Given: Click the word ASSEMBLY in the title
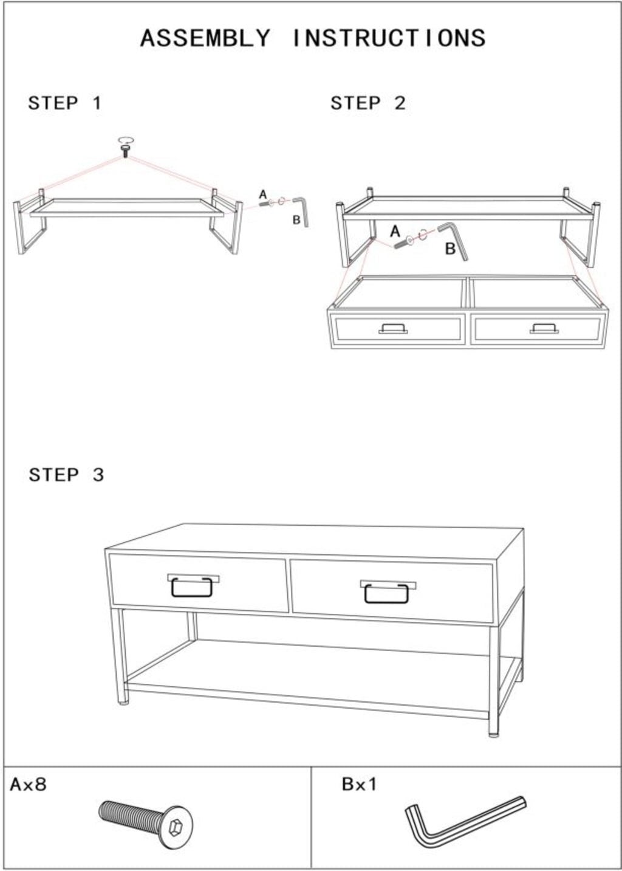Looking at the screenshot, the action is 205,38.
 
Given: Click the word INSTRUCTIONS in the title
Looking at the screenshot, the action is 389,38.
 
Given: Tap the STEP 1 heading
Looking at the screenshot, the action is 65,103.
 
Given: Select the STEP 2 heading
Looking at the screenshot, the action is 368,103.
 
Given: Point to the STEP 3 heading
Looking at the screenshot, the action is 66,475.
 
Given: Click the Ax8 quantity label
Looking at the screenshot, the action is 29,785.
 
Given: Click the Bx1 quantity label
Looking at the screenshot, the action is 360,784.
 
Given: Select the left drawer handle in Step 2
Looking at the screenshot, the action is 393,329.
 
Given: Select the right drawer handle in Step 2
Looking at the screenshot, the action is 544,329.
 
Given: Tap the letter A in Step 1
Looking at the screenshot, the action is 263,194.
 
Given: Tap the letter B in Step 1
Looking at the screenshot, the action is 296,220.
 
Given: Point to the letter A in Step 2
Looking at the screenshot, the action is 395,232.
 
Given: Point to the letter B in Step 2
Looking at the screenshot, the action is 450,248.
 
